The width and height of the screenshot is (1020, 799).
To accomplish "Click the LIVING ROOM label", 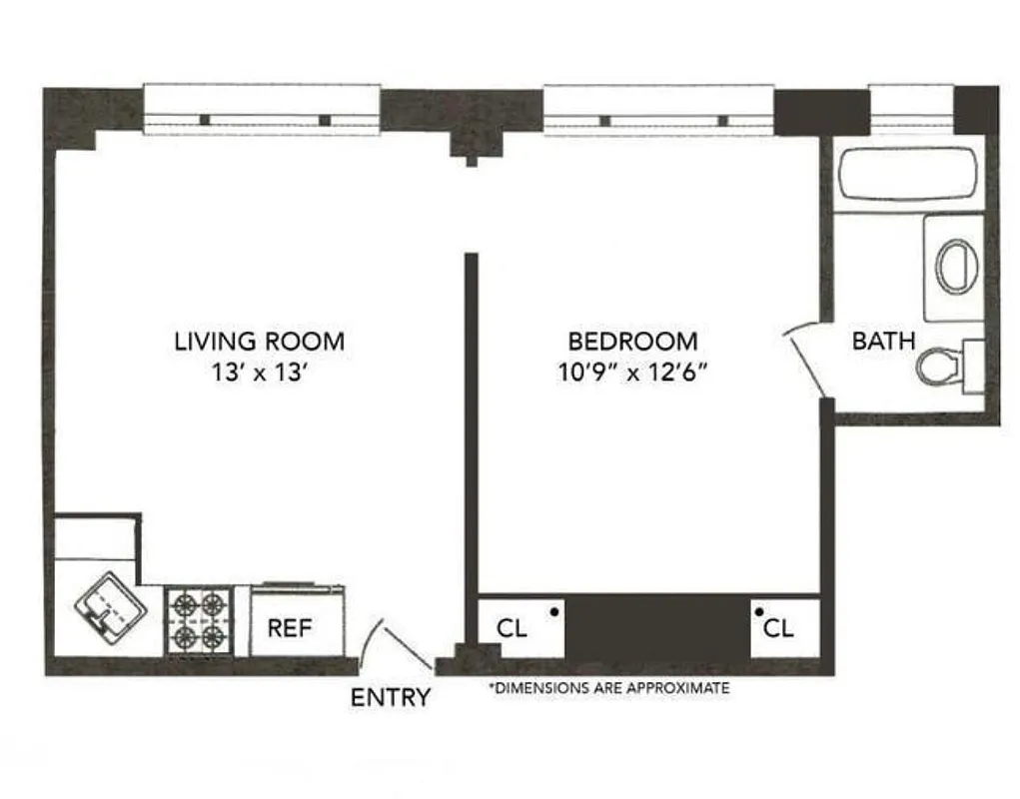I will pyautogui.click(x=260, y=341).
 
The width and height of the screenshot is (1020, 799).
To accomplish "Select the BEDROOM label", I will pyautogui.click(x=632, y=341).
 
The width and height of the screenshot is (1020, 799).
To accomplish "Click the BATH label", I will pyautogui.click(x=883, y=341).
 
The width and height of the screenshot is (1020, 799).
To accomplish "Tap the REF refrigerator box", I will pyautogui.click(x=291, y=627).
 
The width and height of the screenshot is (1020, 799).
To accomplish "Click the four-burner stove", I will pyautogui.click(x=198, y=620).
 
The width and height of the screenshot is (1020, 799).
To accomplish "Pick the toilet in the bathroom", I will pyautogui.click(x=939, y=367).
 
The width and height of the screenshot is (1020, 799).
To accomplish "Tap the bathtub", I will pyautogui.click(x=907, y=174).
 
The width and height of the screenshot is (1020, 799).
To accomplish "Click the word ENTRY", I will pyautogui.click(x=391, y=697).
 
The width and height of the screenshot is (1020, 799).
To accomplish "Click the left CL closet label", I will pyautogui.click(x=511, y=628).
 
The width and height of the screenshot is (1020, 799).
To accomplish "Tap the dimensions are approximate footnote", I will pyautogui.click(x=608, y=688).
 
